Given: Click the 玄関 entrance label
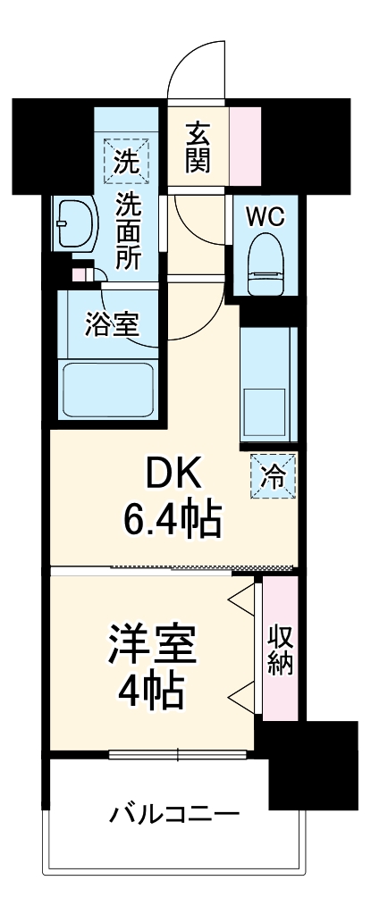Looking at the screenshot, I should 198,147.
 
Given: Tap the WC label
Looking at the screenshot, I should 266,217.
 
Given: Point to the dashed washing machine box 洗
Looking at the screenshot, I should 126,162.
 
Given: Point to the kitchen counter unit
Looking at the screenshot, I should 269,384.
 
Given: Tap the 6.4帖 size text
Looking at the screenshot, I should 173,518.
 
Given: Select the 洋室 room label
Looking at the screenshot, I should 151,646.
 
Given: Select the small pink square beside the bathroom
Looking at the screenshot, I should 80,275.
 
